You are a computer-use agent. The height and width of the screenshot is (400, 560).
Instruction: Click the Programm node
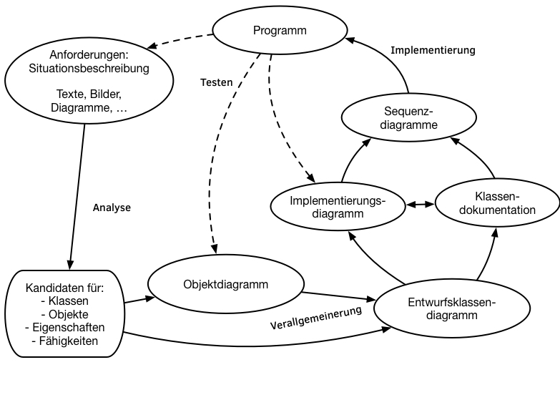[x=280, y=30]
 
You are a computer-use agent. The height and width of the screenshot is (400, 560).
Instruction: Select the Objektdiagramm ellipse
[x=226, y=284]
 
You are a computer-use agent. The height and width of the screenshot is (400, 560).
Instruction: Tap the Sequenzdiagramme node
[x=409, y=117]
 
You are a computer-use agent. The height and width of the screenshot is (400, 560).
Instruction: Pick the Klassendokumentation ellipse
[x=497, y=203]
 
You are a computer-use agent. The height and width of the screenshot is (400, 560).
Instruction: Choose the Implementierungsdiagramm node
[x=338, y=207]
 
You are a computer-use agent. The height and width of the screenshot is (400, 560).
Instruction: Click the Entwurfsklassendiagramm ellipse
[x=452, y=308]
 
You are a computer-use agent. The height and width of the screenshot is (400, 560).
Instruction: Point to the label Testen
[x=217, y=82]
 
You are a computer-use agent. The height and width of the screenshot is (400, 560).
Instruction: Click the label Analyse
[x=112, y=208]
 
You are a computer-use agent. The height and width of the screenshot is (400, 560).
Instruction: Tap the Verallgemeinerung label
[x=316, y=318]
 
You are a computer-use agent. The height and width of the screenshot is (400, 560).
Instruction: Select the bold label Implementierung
[x=433, y=50]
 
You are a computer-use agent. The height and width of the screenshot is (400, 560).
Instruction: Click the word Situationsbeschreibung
[x=89, y=68]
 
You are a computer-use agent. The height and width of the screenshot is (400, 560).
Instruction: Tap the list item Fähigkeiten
[x=65, y=341]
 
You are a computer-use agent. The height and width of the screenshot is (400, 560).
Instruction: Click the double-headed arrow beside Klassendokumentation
[x=421, y=205]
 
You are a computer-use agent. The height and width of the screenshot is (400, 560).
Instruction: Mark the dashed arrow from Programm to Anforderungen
[x=180, y=41]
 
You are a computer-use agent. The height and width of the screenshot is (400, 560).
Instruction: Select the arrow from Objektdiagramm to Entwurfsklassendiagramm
[x=339, y=296]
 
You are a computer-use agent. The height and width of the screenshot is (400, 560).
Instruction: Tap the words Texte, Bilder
[x=89, y=94]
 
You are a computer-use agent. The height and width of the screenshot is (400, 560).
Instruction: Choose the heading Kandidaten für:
[x=64, y=288]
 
